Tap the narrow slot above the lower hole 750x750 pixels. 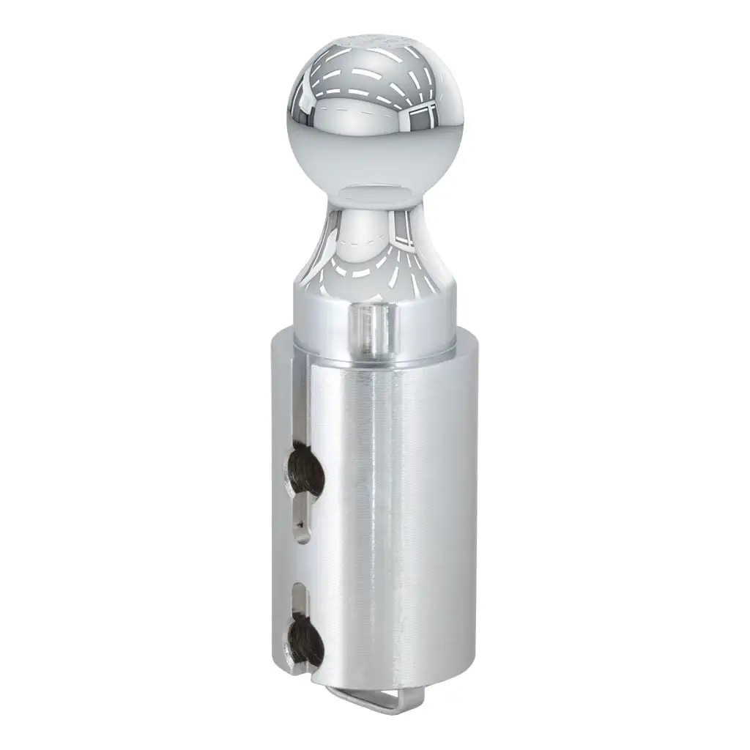(x=301, y=598)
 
